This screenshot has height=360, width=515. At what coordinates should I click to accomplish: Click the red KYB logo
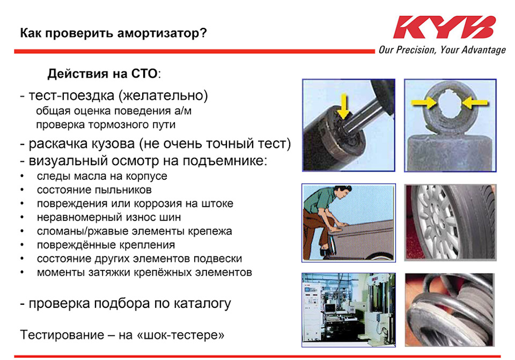click(444, 27)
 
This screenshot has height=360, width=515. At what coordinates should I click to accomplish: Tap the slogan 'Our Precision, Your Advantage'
click(442, 50)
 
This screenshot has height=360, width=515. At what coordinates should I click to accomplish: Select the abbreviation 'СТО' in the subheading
click(144, 74)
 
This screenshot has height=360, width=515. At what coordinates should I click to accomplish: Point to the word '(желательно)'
click(163, 95)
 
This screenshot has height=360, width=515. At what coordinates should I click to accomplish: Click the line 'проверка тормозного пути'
click(106, 124)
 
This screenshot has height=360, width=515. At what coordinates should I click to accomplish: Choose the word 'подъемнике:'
click(225, 161)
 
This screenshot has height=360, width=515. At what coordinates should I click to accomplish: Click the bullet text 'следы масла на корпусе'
click(102, 176)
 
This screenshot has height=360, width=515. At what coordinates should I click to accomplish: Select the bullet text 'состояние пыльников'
click(94, 190)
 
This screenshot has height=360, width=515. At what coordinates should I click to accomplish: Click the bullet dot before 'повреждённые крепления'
click(22, 245)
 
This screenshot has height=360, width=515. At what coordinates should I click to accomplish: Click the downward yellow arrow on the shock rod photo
click(343, 106)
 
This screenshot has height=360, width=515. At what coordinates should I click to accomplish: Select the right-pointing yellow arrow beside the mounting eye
click(424, 103)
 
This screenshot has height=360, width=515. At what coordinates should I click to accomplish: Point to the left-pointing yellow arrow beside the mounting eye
click(475, 103)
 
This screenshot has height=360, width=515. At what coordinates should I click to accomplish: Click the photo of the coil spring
click(450, 310)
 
